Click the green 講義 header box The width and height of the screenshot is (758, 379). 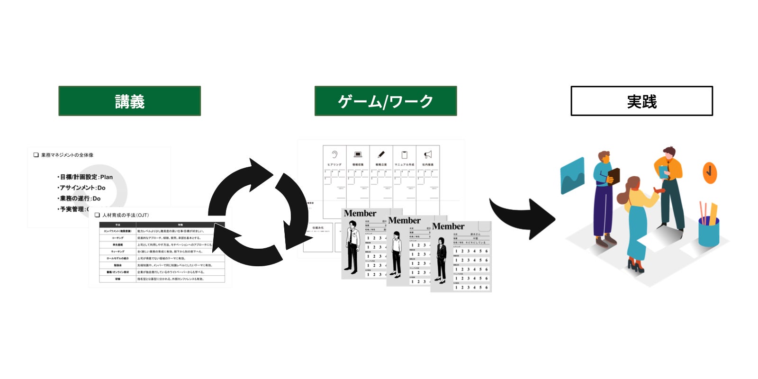coord(129,101)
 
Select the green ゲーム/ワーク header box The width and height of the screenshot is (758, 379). coord(385,101)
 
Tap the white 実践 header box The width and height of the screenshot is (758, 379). coord(641,101)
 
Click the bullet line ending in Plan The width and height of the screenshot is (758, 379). coord(85,177)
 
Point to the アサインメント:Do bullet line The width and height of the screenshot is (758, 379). coord(81,188)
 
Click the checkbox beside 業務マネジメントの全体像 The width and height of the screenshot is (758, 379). coord(36,155)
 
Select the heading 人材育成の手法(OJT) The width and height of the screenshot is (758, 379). coord(125,215)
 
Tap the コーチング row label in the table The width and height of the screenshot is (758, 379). coord(117,238)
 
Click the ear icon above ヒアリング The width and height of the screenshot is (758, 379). coord(334,154)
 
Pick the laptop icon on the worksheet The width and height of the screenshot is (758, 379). coord(358,154)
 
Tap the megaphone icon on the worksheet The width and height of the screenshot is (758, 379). coord(428,154)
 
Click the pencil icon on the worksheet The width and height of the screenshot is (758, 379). coord(381,154)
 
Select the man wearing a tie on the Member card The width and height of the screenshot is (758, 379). coord(352,249)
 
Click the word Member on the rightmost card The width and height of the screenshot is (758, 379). coord(448,226)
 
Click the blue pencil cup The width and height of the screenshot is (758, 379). coord(709,232)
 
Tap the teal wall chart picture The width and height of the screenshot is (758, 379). coord(572,176)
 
